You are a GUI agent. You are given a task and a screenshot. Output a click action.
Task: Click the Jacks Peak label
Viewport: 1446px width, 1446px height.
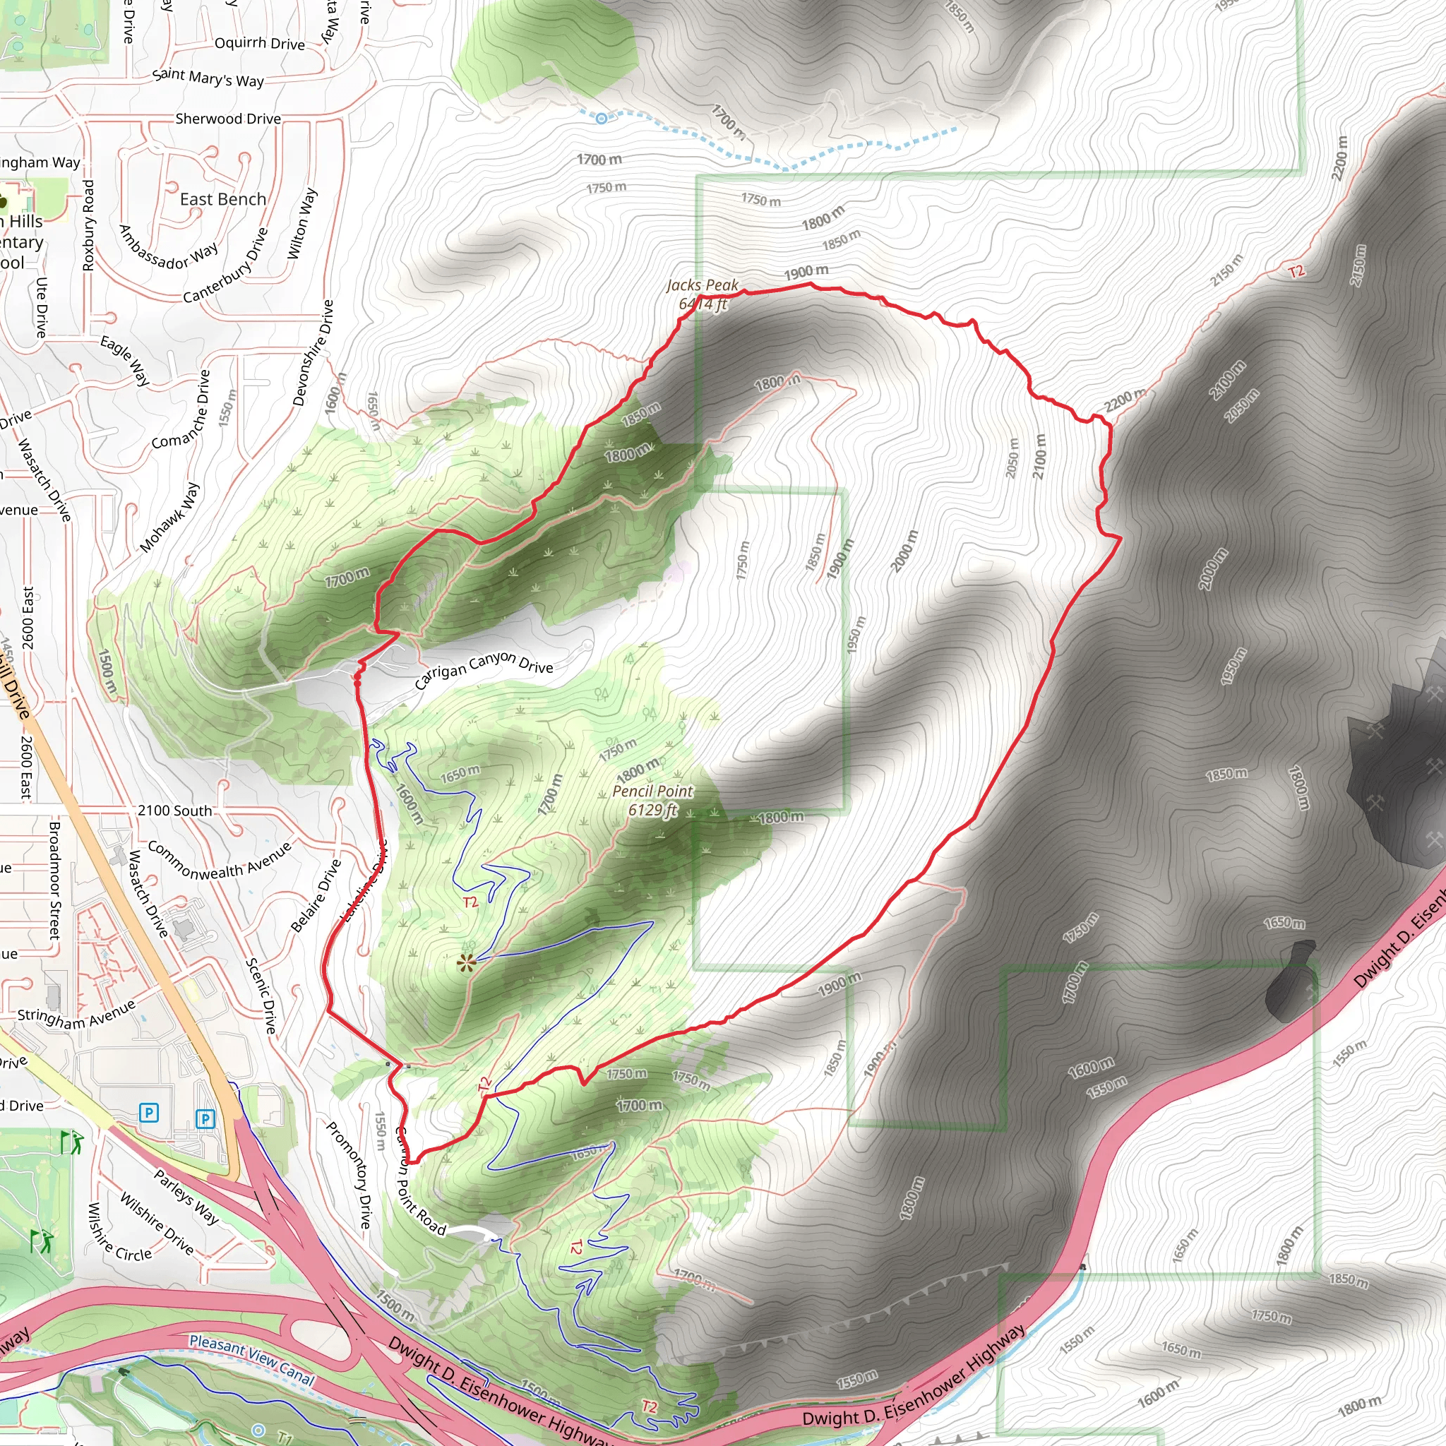click(x=702, y=285)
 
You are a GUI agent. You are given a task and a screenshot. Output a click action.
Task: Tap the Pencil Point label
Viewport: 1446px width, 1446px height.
click(x=652, y=791)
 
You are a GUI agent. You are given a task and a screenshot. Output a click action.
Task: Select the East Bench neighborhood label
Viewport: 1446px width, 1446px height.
click(x=223, y=199)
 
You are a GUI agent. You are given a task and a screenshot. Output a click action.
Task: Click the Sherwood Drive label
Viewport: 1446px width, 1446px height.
click(x=228, y=119)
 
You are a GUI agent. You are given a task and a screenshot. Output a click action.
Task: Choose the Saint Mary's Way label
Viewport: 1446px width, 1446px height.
click(x=208, y=78)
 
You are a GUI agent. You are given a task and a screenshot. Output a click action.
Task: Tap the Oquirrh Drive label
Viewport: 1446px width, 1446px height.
click(x=260, y=43)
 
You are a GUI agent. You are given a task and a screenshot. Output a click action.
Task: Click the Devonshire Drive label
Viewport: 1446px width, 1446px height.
click(x=313, y=353)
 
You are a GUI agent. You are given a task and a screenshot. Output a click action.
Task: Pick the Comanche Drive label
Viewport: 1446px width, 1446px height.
click(x=182, y=411)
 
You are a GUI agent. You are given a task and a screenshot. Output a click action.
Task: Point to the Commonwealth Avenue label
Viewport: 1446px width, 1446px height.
click(x=219, y=861)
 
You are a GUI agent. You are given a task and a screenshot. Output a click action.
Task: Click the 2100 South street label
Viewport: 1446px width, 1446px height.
click(x=174, y=811)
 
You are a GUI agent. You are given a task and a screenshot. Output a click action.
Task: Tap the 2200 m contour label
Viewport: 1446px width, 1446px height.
click(x=1124, y=401)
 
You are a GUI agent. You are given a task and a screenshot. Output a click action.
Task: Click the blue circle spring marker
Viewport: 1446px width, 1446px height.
click(x=601, y=117)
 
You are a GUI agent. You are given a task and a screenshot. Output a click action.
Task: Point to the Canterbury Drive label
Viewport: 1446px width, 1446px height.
click(x=225, y=266)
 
